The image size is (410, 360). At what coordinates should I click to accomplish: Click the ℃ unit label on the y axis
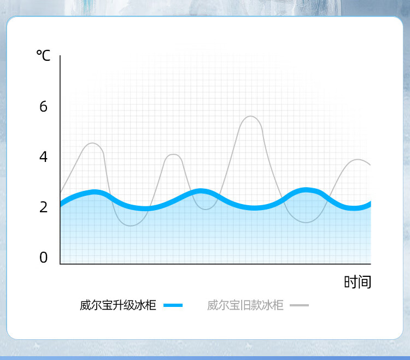43,55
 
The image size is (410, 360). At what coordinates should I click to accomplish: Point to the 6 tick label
43,107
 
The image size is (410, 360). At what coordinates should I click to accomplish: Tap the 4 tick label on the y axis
43,156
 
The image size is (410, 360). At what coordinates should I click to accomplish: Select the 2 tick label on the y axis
43,207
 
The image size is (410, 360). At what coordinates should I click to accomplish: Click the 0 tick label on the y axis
43,257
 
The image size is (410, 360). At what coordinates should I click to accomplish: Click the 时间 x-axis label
358,282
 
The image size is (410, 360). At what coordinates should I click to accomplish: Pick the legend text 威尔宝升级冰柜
118,305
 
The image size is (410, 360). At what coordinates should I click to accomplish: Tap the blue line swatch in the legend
173,305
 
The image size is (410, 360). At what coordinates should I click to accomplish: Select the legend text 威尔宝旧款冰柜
245,305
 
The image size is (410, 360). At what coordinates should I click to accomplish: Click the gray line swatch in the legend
299,305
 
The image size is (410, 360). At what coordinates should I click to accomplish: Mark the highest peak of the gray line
250,116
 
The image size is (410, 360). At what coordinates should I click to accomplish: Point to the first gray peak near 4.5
92,143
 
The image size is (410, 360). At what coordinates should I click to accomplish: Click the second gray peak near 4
173,154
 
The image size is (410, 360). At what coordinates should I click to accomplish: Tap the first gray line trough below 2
131,225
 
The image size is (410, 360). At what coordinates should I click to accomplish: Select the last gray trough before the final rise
306,222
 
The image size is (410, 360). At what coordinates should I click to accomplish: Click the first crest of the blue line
94,192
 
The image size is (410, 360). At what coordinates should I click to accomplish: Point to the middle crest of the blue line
200,191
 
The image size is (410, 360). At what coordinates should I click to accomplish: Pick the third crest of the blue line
306,190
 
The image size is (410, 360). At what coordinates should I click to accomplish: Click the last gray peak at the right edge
358,159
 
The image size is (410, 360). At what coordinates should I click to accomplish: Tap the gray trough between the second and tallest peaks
206,209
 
